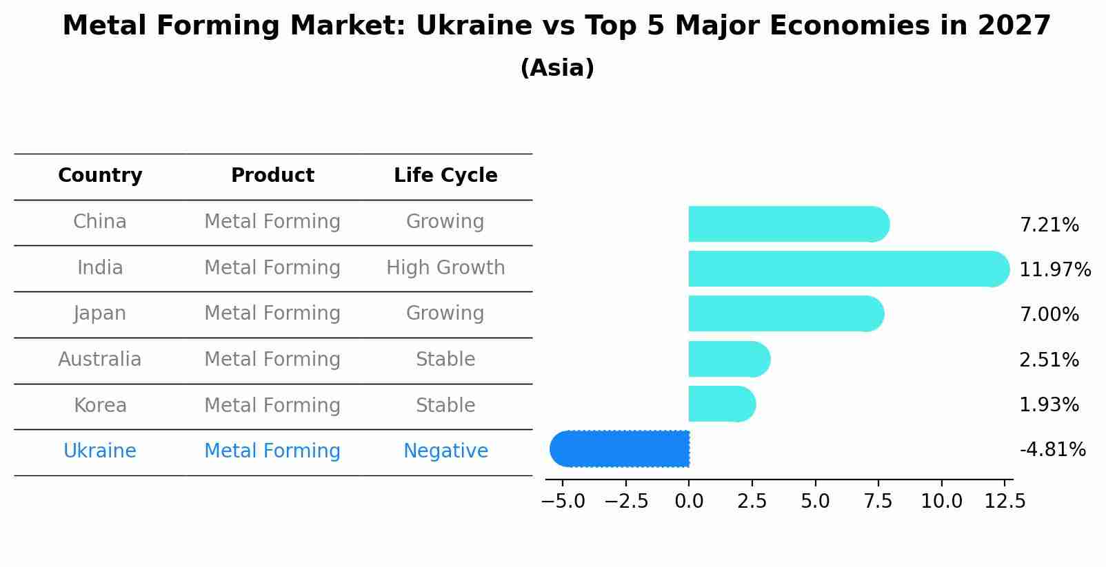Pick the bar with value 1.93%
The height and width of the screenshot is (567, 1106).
[721, 404]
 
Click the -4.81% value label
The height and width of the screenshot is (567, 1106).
[1052, 450]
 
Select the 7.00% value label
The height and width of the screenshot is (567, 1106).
[1049, 315]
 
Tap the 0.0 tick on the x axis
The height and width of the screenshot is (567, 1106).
[689, 502]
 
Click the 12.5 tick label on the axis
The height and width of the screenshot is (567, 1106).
[1005, 502]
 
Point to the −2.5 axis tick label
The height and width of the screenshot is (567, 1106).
[626, 502]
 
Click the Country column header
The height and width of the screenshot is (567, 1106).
[100, 176]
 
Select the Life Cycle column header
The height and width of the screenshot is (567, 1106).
[445, 176]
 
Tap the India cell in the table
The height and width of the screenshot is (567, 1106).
[100, 268]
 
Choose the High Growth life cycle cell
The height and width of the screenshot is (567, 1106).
[445, 268]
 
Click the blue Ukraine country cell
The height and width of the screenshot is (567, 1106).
[100, 451]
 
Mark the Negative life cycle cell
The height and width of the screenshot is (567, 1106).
[445, 451]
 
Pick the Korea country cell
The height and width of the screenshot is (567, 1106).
[100, 406]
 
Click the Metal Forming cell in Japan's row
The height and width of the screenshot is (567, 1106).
[272, 313]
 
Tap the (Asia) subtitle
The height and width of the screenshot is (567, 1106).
[557, 68]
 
